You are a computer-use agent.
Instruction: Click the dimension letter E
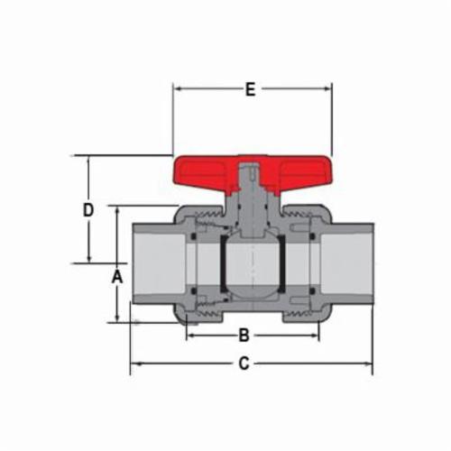250,89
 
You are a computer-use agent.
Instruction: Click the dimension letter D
88,210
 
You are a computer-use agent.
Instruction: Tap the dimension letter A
117,277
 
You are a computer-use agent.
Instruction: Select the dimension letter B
244,335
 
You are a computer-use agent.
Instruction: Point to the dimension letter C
244,364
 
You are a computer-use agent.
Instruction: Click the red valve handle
253,174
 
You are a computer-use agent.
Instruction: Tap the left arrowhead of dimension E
178,89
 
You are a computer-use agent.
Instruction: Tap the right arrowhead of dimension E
327,89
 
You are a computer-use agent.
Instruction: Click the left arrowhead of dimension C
135,364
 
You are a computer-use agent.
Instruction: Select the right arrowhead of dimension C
368,364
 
